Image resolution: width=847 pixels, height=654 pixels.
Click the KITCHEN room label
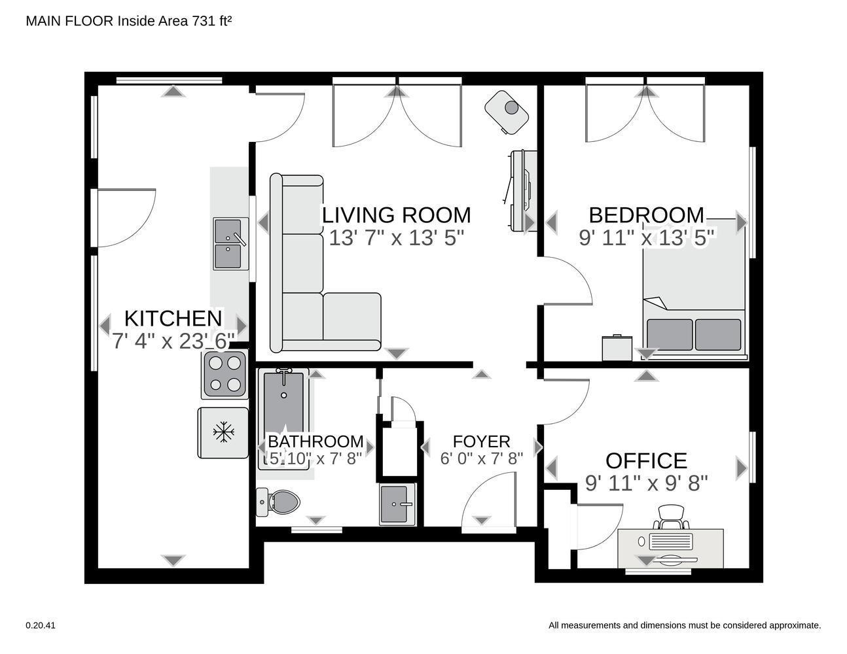pos(173,318)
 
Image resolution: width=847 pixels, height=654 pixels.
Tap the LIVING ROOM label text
pos(397,215)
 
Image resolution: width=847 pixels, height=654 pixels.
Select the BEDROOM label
pos(646,215)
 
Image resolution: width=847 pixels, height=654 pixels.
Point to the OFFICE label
pos(646,460)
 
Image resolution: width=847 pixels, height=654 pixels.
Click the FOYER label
pos(481,441)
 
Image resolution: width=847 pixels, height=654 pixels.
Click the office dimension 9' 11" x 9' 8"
pos(646,483)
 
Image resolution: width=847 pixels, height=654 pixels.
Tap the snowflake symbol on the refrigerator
pos(223,432)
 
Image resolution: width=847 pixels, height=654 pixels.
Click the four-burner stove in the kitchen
pos(225,373)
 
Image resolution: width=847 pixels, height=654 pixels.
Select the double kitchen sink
pos(230,244)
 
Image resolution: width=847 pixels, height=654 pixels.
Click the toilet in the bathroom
pos(278,502)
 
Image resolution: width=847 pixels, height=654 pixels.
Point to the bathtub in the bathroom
pos(284,419)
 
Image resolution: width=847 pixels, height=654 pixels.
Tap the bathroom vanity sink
pos(397,504)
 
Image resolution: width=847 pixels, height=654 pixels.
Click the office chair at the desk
pos(670,517)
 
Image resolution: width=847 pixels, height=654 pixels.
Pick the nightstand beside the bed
pos(617,348)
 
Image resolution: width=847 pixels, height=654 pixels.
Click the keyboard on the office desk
pos(671,542)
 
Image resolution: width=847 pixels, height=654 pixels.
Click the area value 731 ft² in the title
pos(212,21)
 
